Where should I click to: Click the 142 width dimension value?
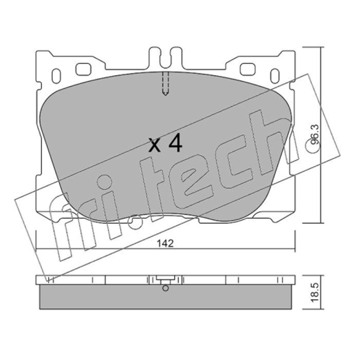[165, 243]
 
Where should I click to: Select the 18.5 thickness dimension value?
[315, 292]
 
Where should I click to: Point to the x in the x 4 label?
[154, 145]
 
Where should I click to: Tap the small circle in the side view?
[165, 288]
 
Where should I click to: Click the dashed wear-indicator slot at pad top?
[165, 84]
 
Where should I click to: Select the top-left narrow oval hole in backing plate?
[56, 76]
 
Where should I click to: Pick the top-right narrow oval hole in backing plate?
[274, 76]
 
